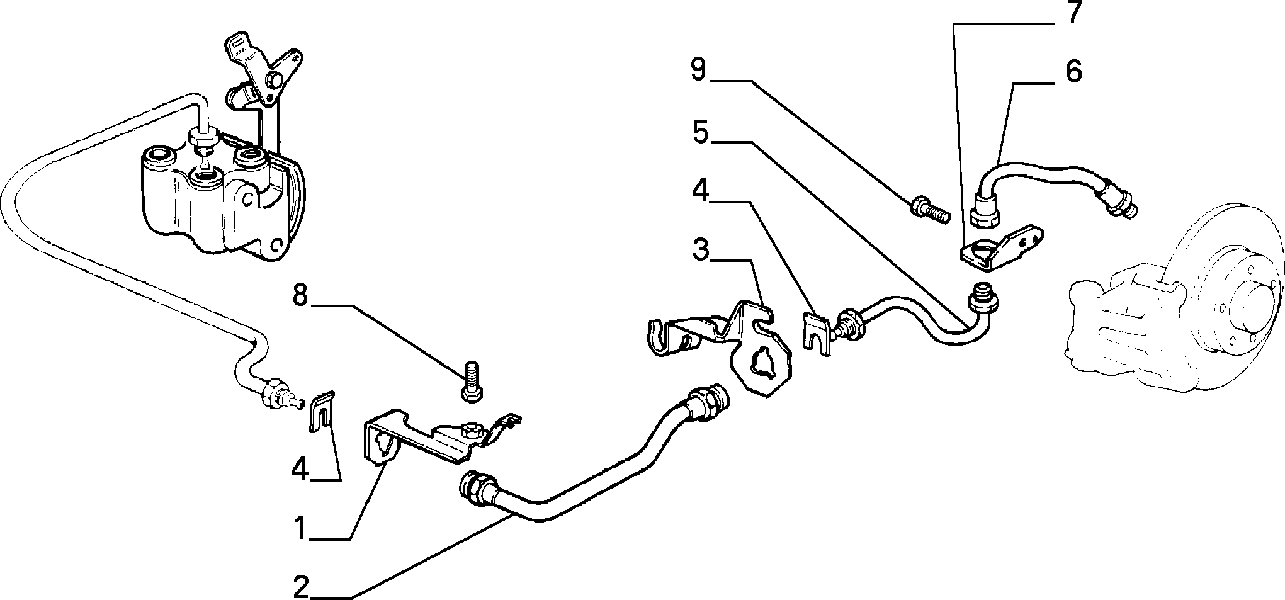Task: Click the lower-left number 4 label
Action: pyautogui.click(x=300, y=468)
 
